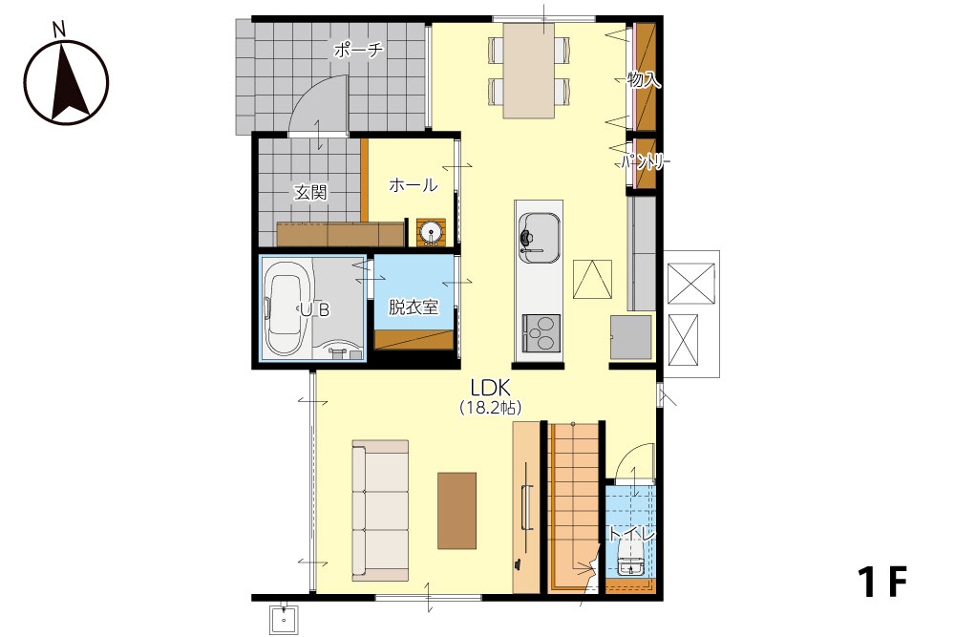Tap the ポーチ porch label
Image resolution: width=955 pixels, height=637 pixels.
coord(357,50)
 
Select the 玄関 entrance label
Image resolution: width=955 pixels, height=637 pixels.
coord(310,193)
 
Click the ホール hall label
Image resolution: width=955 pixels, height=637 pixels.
coord(413,184)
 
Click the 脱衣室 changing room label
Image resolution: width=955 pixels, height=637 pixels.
coord(414,307)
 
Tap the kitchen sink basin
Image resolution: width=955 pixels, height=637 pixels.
coord(539,238)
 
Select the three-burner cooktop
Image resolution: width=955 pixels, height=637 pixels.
coord(539,333)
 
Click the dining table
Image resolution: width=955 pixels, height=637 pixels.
coord(529,71)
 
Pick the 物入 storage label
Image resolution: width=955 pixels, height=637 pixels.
coord(644,79)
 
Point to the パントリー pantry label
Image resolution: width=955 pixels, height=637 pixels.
coord(646,162)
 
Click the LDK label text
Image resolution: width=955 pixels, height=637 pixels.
coord(490,388)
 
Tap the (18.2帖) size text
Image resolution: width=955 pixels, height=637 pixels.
coord(490,408)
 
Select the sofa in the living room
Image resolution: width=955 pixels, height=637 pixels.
coord(380,511)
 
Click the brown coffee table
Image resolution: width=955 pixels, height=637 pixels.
coord(456,511)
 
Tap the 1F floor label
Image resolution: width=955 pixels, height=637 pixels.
coord(882,582)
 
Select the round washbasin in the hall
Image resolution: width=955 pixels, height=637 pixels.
coord(432,233)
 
